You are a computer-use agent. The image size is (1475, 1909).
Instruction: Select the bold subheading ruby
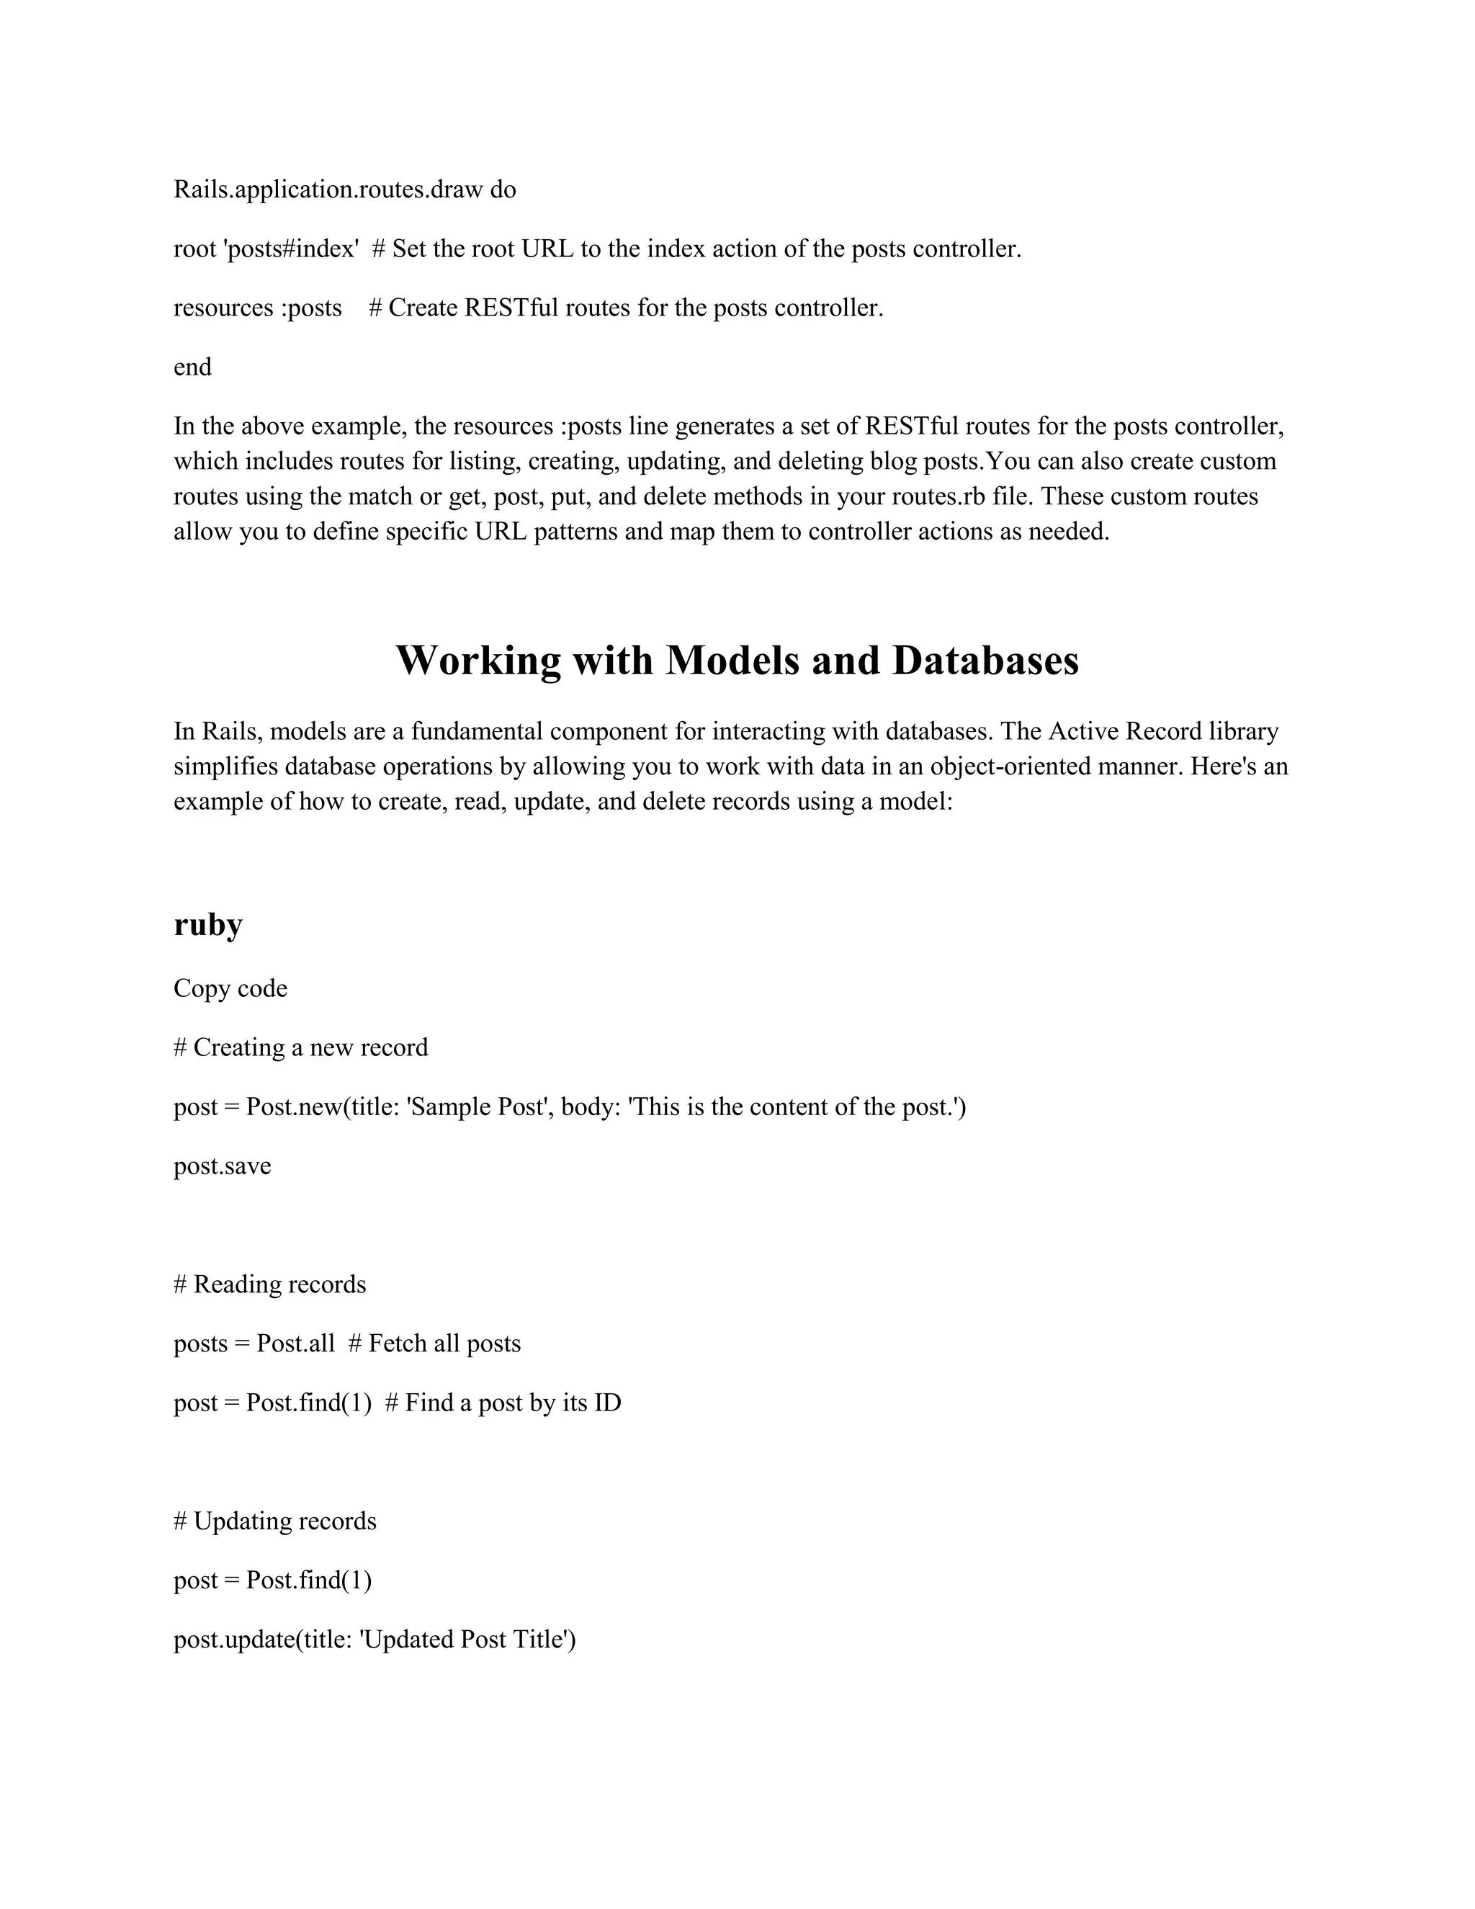pyautogui.click(x=208, y=924)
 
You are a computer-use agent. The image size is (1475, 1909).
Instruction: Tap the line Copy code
pyautogui.click(x=230, y=988)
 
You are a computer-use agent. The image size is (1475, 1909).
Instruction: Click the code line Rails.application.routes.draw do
pyautogui.click(x=344, y=189)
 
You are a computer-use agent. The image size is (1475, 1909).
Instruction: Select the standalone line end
pyautogui.click(x=192, y=367)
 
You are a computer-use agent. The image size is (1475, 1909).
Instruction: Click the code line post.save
pyautogui.click(x=222, y=1166)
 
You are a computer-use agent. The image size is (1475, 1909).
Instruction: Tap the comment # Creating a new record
pyautogui.click(x=300, y=1047)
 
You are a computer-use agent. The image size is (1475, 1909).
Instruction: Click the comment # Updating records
pyautogui.click(x=275, y=1521)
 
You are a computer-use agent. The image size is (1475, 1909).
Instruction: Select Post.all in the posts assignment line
pyautogui.click(x=295, y=1344)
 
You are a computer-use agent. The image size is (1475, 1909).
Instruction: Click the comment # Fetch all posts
pyautogui.click(x=434, y=1344)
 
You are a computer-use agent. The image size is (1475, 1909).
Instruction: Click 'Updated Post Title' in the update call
pyautogui.click(x=467, y=1640)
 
